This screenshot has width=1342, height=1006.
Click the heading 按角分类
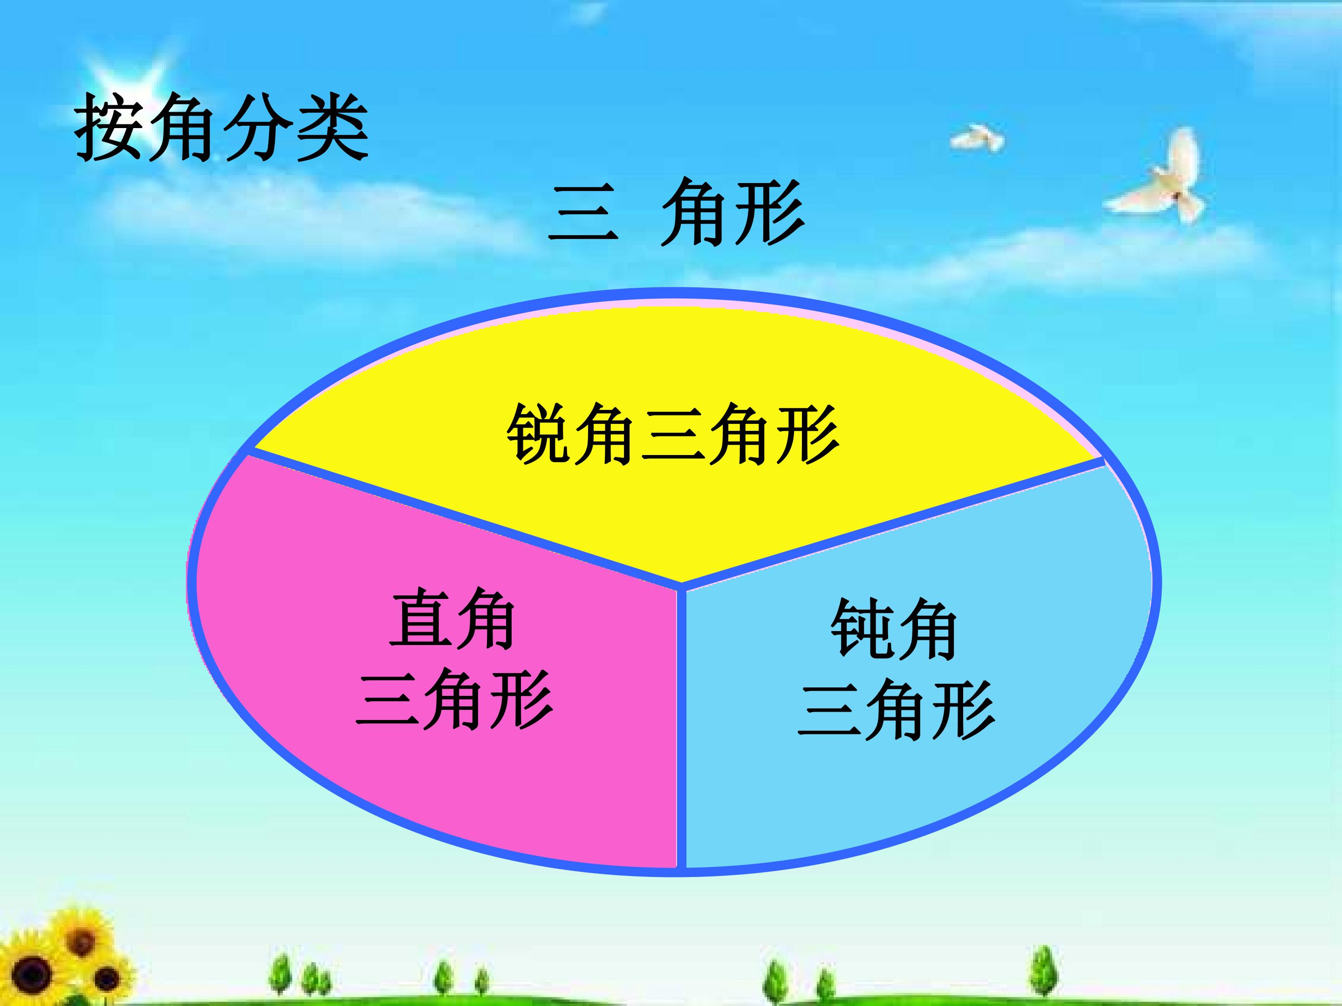(221, 127)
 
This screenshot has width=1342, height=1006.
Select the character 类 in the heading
(333, 127)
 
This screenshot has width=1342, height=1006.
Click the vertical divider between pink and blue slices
(681, 727)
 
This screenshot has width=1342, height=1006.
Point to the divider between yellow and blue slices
(892, 524)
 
